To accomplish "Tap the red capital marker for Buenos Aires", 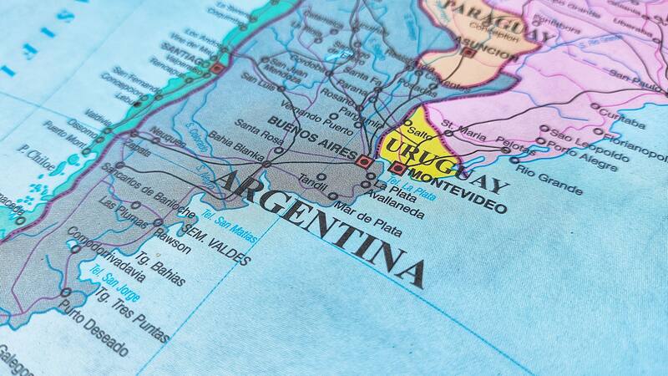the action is pyautogui.click(x=364, y=160).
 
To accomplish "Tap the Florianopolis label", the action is pyautogui.click(x=637, y=146).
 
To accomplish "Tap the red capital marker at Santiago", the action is pyautogui.click(x=217, y=68).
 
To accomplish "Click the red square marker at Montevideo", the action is pyautogui.click(x=398, y=169).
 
